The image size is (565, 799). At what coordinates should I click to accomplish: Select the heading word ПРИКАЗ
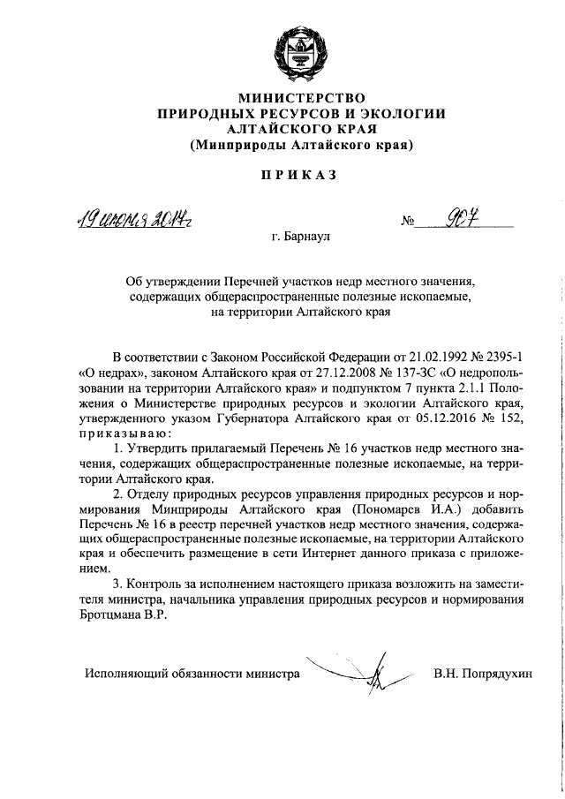tap(300, 175)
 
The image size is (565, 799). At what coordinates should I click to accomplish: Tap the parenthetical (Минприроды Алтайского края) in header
tap(301, 144)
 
